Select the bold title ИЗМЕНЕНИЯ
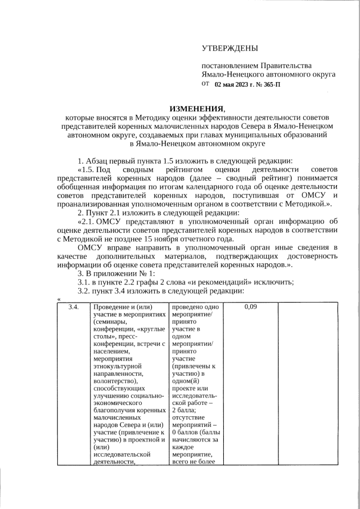(197, 109)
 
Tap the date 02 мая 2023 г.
(235, 84)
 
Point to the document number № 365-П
(268, 84)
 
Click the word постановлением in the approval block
(229, 66)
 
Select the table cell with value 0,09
(251, 307)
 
